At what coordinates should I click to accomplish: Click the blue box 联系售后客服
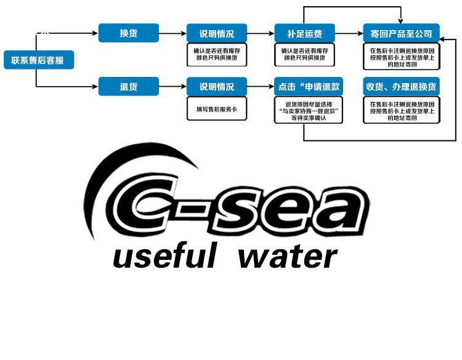38,60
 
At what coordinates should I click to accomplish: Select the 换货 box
128,33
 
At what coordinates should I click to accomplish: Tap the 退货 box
128,87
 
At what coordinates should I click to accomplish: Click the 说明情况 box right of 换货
216,33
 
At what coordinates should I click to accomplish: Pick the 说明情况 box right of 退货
216,87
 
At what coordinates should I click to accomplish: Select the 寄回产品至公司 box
402,33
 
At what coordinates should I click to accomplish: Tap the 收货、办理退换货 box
402,87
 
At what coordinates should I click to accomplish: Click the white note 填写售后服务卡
216,108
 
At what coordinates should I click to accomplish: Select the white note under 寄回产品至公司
402,57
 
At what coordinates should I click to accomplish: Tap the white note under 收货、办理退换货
402,110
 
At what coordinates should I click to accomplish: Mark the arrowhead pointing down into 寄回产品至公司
401,20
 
